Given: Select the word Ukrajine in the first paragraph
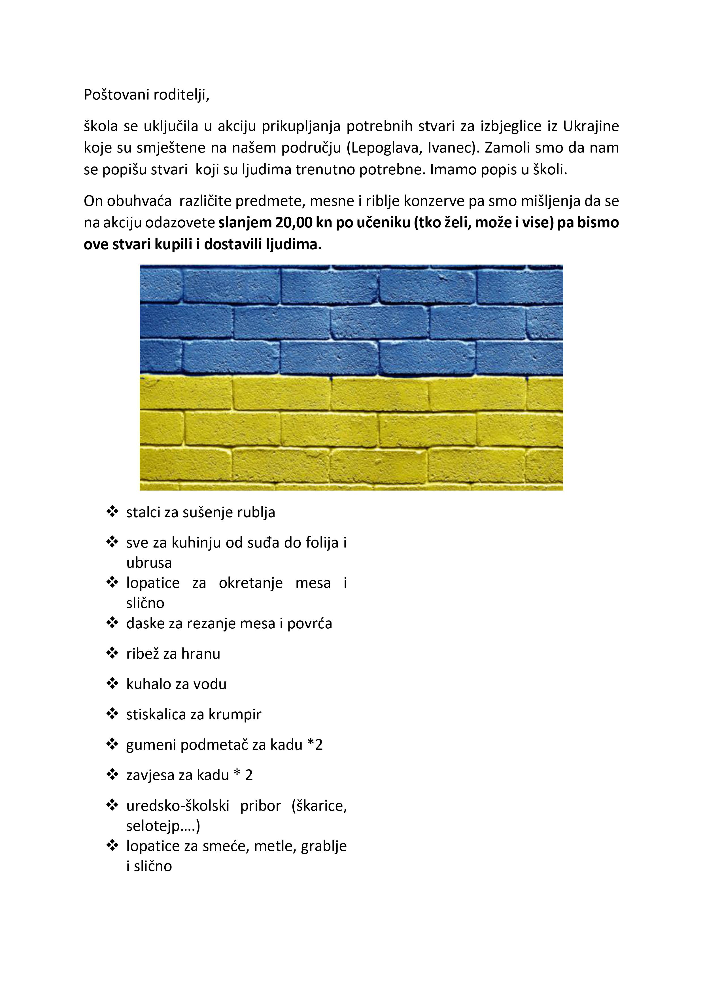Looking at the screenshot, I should pyautogui.click(x=591, y=126).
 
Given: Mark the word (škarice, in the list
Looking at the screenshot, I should pyautogui.click(x=319, y=806).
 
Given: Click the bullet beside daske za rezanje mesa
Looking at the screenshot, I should pyautogui.click(x=112, y=623).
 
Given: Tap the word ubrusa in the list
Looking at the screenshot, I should pyautogui.click(x=149, y=563).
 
